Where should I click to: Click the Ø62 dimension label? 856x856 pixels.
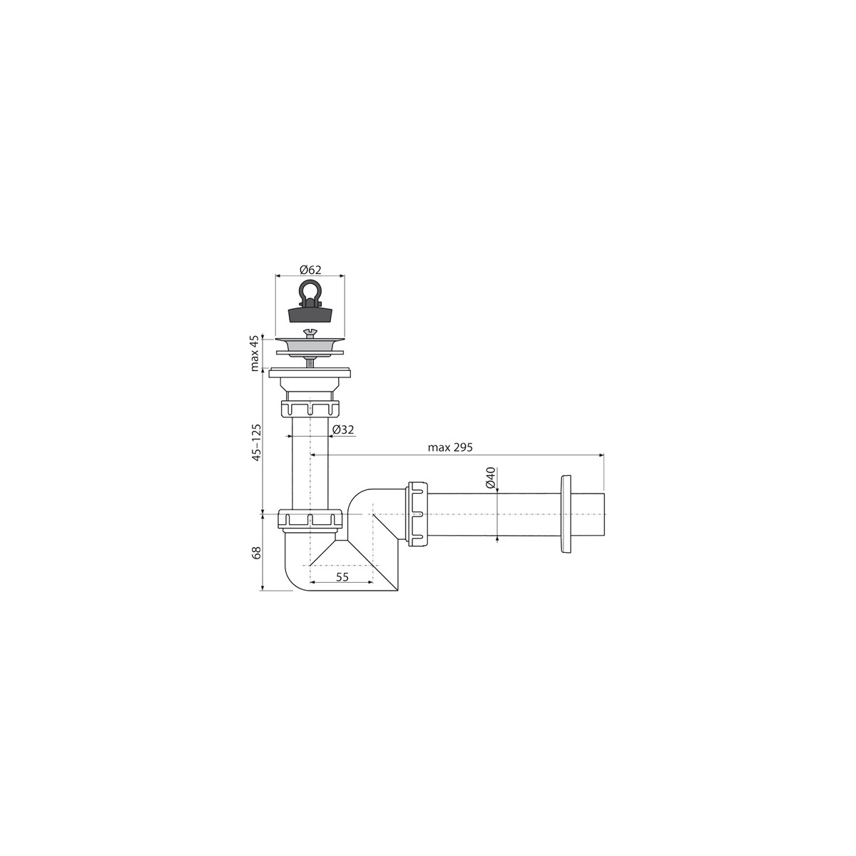coord(310,269)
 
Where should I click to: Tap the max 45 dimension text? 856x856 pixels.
coord(255,354)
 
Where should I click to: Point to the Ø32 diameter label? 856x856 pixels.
coord(343,429)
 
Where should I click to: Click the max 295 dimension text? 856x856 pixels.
coord(450,447)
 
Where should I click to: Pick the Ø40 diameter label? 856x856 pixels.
coord(490,477)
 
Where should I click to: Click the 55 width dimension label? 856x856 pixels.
coord(342,576)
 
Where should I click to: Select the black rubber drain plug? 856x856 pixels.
coord(310,314)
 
